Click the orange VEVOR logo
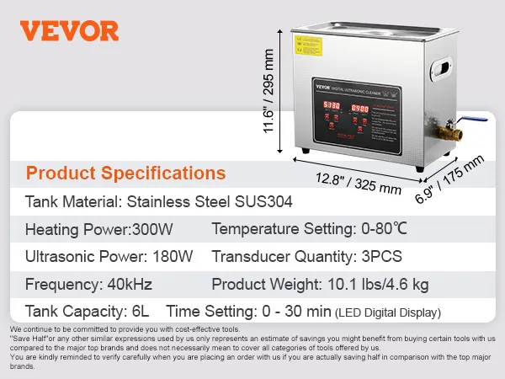(69, 31)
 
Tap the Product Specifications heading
(126, 173)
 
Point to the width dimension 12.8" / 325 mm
(359, 183)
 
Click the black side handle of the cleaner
(443, 71)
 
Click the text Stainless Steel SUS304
(199, 202)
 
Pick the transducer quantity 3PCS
(382, 256)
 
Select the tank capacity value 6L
(141, 311)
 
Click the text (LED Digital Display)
(387, 312)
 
